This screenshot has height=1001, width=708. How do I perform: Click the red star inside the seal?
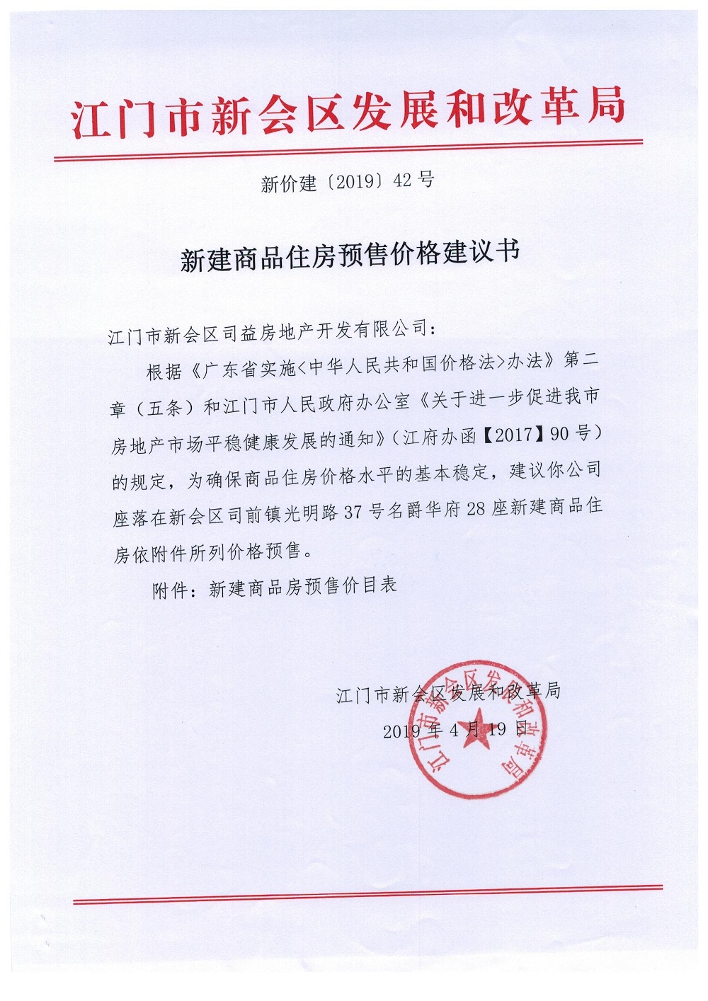[476, 726]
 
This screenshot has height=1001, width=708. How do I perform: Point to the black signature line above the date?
[448, 693]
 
